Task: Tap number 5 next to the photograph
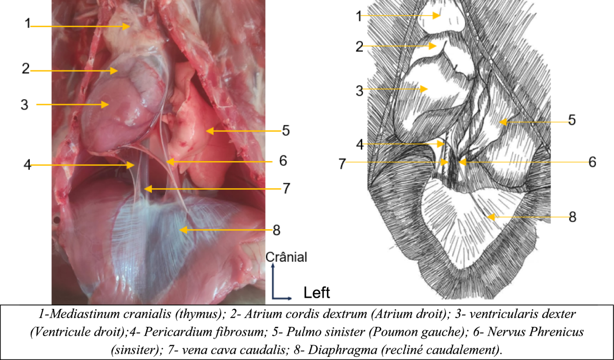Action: click(x=286, y=130)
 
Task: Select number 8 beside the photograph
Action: click(x=277, y=230)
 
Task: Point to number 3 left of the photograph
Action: click(x=24, y=105)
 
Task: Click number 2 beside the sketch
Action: click(x=360, y=47)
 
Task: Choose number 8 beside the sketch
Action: click(x=572, y=217)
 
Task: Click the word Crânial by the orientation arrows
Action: click(x=287, y=257)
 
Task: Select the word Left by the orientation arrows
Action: click(x=317, y=292)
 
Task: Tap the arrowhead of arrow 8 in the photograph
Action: click(x=180, y=230)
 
